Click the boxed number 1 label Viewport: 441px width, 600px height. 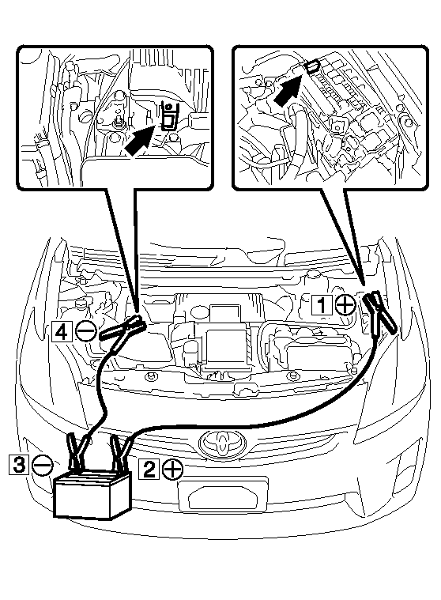(x=322, y=305)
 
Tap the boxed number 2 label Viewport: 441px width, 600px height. (x=149, y=468)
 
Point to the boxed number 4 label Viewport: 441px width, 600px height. (x=62, y=331)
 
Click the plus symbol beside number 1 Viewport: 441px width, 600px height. (x=345, y=305)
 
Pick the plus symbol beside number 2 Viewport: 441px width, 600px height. (x=172, y=468)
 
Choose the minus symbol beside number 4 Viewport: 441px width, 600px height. (x=85, y=330)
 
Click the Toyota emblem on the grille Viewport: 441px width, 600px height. (x=221, y=443)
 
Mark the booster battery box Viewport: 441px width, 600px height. (x=92, y=494)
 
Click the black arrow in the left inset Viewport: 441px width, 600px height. (x=140, y=141)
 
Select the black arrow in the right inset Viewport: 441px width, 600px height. (x=288, y=90)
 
